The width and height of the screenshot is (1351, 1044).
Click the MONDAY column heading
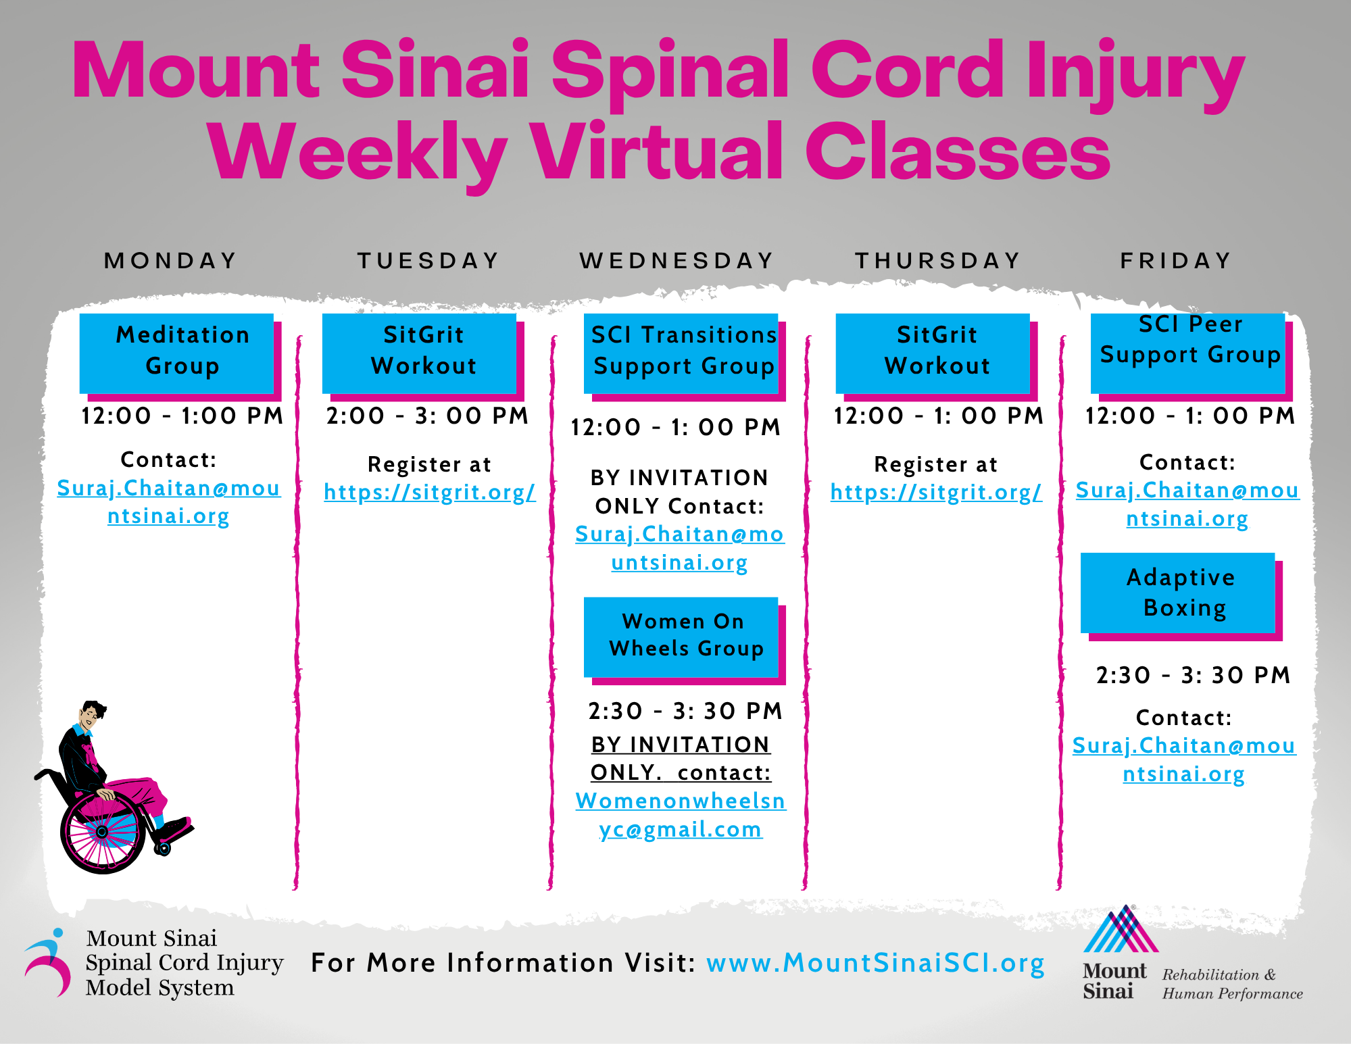[x=170, y=261]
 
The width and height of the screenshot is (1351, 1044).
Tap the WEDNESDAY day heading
[x=677, y=261]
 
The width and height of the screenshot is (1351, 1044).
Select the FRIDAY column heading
[x=1176, y=261]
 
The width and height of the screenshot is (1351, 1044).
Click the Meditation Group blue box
[x=177, y=353]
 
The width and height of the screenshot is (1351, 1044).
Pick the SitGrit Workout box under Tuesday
[x=420, y=353]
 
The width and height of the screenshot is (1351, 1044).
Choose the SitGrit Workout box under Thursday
[x=933, y=353]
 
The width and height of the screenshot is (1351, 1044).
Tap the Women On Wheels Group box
[x=681, y=637]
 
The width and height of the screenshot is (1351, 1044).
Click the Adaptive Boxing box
[x=1178, y=593]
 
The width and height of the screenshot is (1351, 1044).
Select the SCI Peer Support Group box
[x=1188, y=353]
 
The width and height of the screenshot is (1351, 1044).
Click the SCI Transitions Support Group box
[x=681, y=353]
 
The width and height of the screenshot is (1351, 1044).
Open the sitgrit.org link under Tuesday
[x=430, y=493]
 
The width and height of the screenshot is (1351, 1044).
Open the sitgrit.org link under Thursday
[x=937, y=493]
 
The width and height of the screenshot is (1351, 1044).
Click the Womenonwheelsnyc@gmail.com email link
[x=681, y=815]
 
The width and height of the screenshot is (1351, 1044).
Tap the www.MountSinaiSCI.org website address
[x=876, y=964]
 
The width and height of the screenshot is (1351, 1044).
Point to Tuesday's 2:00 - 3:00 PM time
[x=427, y=416]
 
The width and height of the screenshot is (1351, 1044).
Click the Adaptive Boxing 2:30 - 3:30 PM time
[x=1194, y=675]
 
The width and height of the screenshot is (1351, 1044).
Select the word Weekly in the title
[x=358, y=152]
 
